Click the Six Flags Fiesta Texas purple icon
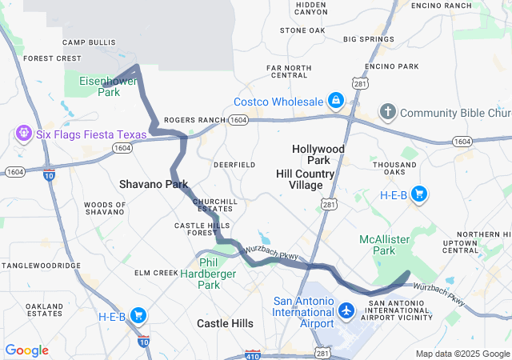[22, 133]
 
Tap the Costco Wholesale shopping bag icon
[335, 102]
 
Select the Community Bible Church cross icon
[387, 112]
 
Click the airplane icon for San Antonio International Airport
[346, 310]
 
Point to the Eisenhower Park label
[98, 86]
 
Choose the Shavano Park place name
[154, 184]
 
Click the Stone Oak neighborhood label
[302, 30]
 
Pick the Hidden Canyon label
[310, 9]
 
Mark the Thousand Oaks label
[394, 170]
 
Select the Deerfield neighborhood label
[234, 164]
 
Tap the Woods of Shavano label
[105, 209]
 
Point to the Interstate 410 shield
[252, 352]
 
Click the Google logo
[26, 350]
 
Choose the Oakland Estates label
[44, 310]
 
